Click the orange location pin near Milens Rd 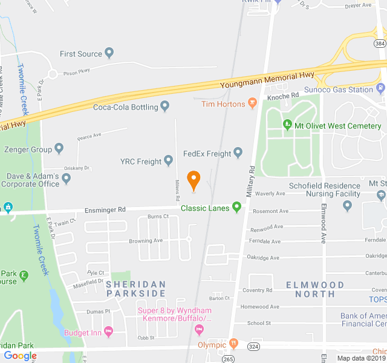pos(193,180)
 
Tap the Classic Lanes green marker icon pos(237,208)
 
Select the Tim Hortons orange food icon pos(253,104)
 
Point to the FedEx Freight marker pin pos(238,154)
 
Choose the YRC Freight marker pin pos(169,161)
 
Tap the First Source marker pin pos(109,54)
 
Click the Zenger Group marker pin pos(59,148)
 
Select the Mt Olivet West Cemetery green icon pos(288,126)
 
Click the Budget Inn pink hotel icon pos(108,331)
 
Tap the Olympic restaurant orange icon pos(233,344)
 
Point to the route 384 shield pos(379,44)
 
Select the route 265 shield pos(227,358)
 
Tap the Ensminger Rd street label pos(105,209)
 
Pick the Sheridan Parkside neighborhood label pos(135,289)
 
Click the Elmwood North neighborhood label pos(314,289)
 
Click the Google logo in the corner pos(20,356)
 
